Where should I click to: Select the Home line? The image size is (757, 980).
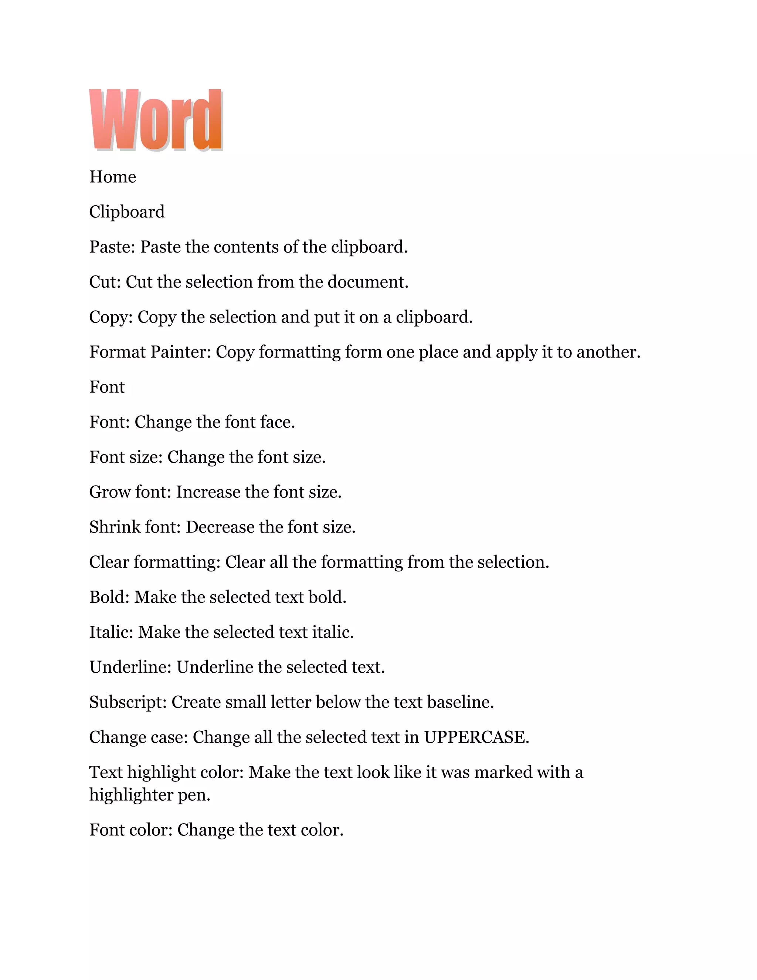point(113,177)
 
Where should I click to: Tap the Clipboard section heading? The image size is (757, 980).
point(127,212)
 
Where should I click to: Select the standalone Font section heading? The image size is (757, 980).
point(107,387)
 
